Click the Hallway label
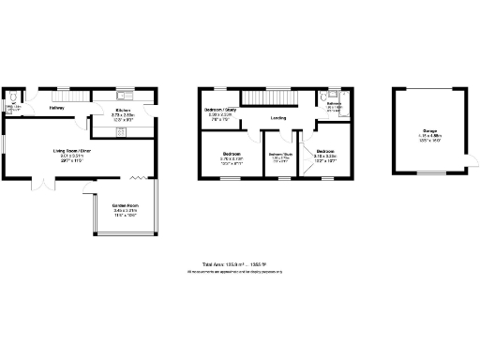tap(55, 107)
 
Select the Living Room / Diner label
tap(71, 151)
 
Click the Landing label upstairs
tap(278, 118)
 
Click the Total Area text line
tap(234, 265)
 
